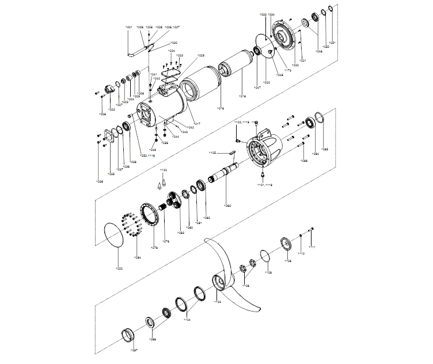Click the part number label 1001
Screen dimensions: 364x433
[128, 27]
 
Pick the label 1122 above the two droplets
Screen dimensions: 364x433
[164, 170]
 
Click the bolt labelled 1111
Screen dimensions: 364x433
[312, 230]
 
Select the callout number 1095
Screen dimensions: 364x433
[324, 149]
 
